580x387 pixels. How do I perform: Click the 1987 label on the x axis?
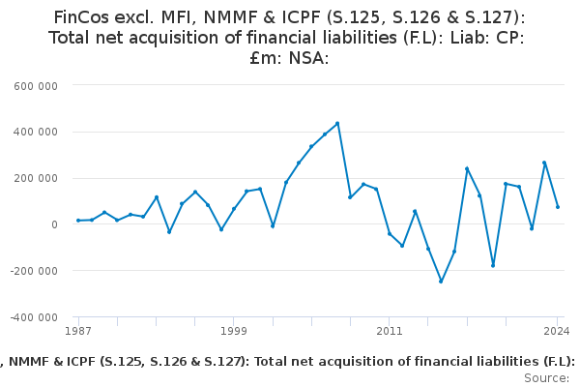click(78, 332)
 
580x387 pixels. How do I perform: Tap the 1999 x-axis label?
click(233, 332)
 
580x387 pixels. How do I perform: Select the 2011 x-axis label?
click(389, 332)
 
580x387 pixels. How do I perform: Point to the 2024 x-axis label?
click(556, 332)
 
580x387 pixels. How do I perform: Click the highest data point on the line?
click(337, 123)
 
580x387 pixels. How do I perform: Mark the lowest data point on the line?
click(441, 282)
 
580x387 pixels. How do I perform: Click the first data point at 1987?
click(78, 221)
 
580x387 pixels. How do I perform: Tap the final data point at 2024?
click(558, 207)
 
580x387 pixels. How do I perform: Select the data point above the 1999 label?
click(233, 209)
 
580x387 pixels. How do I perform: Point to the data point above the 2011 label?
click(390, 234)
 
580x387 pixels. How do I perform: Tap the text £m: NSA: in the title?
click(290, 58)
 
